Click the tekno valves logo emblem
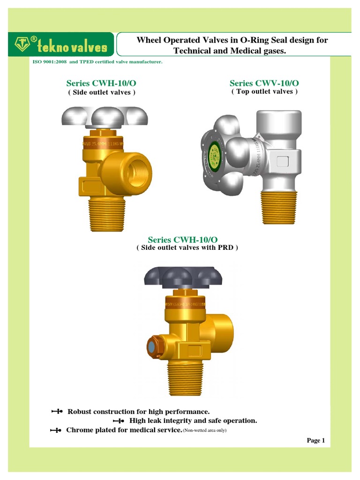click(x=21, y=45)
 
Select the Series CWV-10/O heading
click(x=264, y=83)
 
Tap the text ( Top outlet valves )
click(x=264, y=92)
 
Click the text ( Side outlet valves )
click(x=102, y=92)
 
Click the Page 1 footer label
click(x=315, y=440)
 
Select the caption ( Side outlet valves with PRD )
click(x=187, y=247)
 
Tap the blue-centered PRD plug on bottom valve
click(x=152, y=347)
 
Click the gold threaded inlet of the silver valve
click(x=278, y=209)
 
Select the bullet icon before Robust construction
click(x=57, y=412)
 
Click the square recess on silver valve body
click(x=283, y=162)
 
